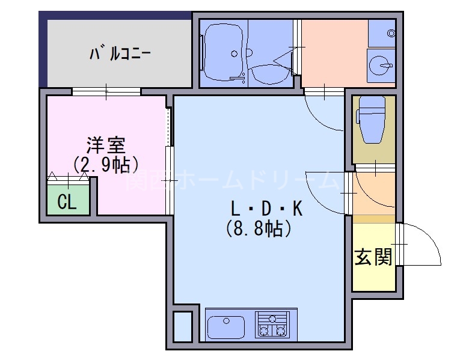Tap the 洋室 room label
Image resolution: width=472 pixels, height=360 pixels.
pos(105,145)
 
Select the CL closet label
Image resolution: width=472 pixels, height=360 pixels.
pos(67,203)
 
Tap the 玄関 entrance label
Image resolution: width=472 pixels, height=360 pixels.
pos(373,257)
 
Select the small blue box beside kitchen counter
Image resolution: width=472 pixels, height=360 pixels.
pos(183,326)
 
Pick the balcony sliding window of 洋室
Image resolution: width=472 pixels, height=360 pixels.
pos(106,91)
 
